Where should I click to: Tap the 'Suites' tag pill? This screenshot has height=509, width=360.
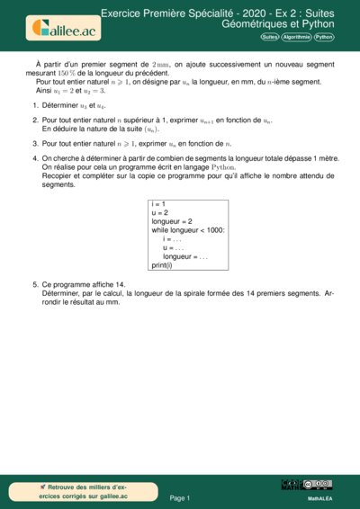[x=269, y=38]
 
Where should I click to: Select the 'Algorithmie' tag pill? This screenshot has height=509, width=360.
[x=295, y=38]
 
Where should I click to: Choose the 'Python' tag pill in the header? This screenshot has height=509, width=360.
[x=323, y=38]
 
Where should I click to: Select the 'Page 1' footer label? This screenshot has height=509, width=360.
[x=180, y=497]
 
